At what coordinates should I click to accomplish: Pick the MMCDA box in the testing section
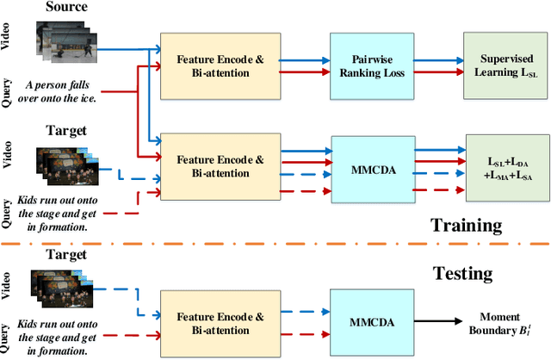[x=371, y=321]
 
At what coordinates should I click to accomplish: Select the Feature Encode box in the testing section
[x=214, y=321]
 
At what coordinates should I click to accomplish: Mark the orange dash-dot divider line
[x=275, y=247]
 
